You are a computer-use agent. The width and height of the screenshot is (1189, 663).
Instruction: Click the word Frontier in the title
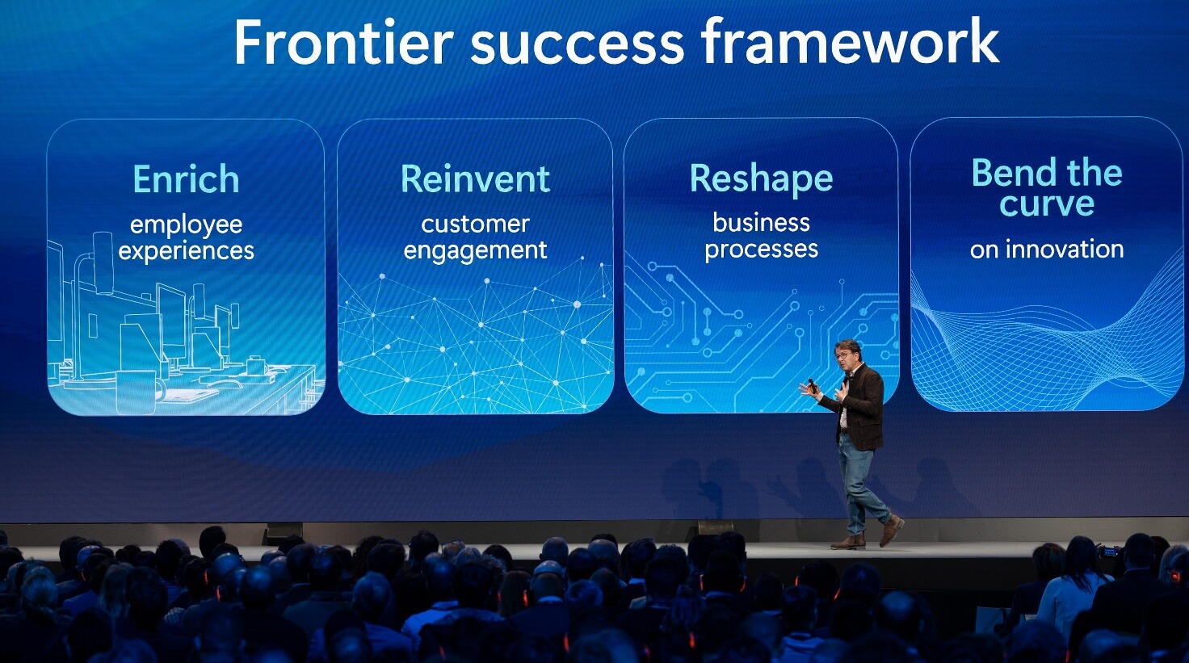coord(342,42)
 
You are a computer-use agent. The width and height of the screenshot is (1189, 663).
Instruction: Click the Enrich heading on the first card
coord(186,179)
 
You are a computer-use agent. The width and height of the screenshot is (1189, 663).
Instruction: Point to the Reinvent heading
coord(475,178)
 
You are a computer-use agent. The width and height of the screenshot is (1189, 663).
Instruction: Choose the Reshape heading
coord(761,178)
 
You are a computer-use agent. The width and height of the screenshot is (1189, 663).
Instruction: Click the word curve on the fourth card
coord(1046,204)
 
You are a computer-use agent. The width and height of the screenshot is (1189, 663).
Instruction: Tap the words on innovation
coord(1046,250)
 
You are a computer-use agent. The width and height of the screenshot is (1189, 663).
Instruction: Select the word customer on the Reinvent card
coord(475,224)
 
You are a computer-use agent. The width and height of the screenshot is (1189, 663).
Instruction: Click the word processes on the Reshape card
coord(761,250)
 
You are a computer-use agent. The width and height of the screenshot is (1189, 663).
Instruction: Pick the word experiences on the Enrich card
coord(186,251)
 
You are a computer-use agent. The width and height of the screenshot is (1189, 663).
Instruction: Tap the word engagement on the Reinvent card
coord(475,251)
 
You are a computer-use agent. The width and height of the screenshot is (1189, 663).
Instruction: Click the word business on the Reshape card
coord(761,223)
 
